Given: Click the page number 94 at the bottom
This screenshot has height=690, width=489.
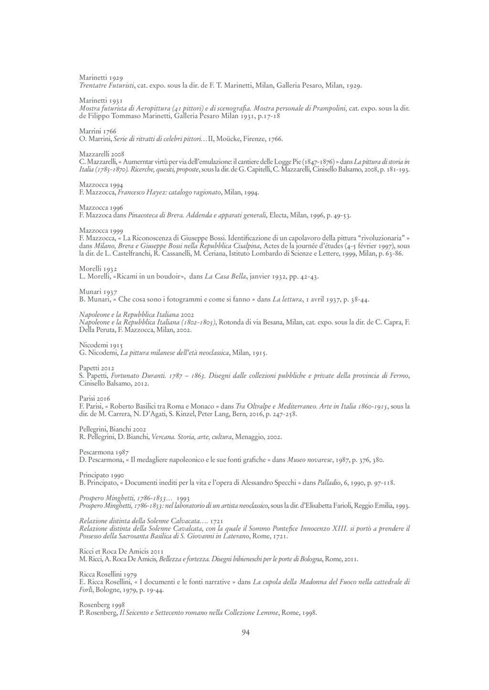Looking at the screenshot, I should tap(245, 633).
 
